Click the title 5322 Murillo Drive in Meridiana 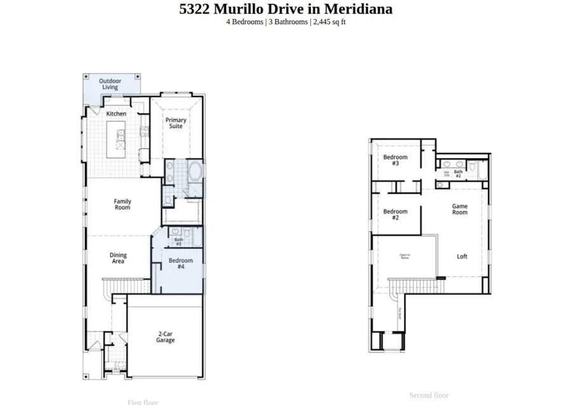pyautogui.click(x=286, y=9)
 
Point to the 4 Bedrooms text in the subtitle pyautogui.click(x=245, y=22)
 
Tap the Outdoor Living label pyautogui.click(x=110, y=84)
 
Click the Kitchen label pyautogui.click(x=116, y=114)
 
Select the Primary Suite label pyautogui.click(x=175, y=123)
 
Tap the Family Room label pyautogui.click(x=123, y=204)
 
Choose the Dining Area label pyautogui.click(x=118, y=258)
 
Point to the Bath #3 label pyautogui.click(x=179, y=242)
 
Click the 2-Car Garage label pyautogui.click(x=166, y=336)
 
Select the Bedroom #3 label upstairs pyautogui.click(x=395, y=160)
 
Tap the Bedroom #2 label pyautogui.click(x=395, y=214)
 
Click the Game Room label pyautogui.click(x=460, y=209)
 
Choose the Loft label pyautogui.click(x=462, y=256)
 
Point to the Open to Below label pyautogui.click(x=404, y=256)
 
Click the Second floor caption pyautogui.click(x=429, y=395)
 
